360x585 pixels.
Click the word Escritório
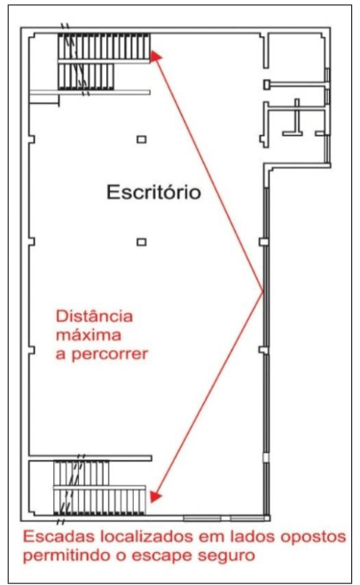point(153,192)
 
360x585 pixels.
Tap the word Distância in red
point(94,316)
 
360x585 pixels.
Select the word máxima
point(89,335)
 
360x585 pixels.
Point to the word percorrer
point(110,354)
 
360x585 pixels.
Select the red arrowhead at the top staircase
point(155,57)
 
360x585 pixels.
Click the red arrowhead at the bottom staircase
point(155,496)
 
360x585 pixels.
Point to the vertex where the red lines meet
point(263,292)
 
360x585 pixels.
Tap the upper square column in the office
point(141,139)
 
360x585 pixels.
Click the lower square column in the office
point(141,242)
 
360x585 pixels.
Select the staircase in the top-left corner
point(104,61)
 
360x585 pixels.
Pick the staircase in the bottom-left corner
point(99,487)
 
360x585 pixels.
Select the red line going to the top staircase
point(209,174)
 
